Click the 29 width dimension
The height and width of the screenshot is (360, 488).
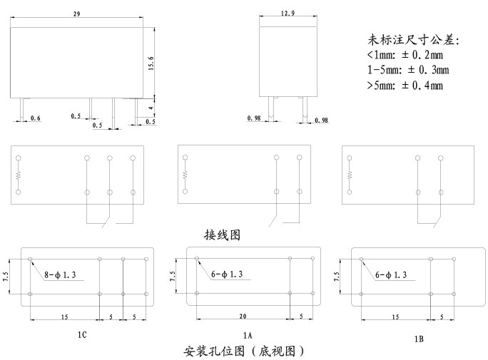[x=76, y=14]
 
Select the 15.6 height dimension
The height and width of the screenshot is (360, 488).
[x=151, y=63]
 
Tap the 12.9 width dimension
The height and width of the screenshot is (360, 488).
[x=288, y=13]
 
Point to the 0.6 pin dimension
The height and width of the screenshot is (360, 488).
[x=36, y=118]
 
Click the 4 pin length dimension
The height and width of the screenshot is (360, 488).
[x=151, y=108]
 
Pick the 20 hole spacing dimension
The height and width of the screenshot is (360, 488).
[x=243, y=317]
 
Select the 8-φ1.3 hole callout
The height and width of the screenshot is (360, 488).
[x=60, y=275]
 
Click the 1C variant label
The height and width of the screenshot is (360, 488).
[x=82, y=335]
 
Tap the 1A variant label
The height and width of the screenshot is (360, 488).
[x=248, y=336]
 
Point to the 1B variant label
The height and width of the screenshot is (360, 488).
[x=419, y=339]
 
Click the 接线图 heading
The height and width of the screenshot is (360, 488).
[x=222, y=235]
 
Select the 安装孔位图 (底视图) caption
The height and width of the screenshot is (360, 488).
[x=244, y=351]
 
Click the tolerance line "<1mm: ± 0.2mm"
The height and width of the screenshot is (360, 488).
[x=405, y=55]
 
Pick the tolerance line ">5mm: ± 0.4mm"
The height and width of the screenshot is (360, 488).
[x=405, y=85]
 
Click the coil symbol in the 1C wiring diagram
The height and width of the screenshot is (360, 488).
[x=19, y=175]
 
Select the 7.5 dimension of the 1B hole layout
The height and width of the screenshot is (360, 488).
[x=337, y=277]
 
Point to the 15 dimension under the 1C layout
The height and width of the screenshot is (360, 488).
[x=64, y=317]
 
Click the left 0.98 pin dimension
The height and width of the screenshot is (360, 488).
[x=254, y=118]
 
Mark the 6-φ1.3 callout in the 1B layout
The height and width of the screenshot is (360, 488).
[x=391, y=275]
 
